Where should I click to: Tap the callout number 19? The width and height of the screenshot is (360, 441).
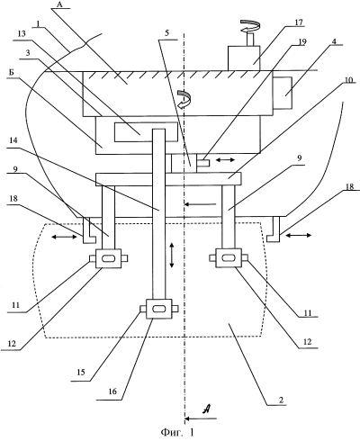click(301, 41)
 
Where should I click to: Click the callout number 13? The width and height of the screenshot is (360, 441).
click(22, 33)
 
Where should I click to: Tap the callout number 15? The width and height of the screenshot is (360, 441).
click(81, 372)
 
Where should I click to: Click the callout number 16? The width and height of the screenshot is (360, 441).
click(112, 391)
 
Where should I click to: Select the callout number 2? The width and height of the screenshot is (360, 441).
click(281, 400)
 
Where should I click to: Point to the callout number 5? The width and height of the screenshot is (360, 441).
click(167, 33)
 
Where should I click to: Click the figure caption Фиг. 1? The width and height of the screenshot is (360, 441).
click(177, 432)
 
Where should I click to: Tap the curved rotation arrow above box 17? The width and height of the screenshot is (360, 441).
click(250, 25)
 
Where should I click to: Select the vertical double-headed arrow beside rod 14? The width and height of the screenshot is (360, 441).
click(172, 256)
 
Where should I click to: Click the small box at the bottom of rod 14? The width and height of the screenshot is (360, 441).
click(158, 309)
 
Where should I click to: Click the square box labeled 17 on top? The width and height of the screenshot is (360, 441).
click(244, 58)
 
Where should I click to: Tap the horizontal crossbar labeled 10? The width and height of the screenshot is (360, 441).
click(168, 179)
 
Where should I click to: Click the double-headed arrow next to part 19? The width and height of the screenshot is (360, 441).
click(226, 160)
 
